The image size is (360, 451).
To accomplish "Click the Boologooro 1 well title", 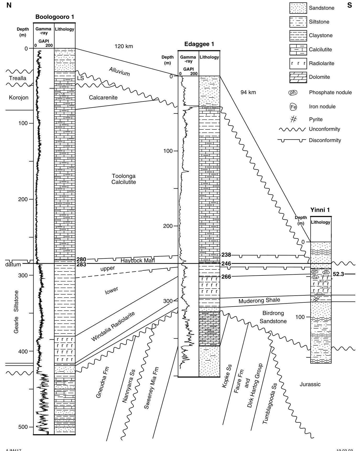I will tap(55, 17).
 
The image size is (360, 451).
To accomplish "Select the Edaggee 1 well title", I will tap(199, 44).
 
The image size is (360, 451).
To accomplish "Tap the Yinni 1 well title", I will tap(320, 210).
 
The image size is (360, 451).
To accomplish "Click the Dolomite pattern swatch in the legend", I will tap(298, 77).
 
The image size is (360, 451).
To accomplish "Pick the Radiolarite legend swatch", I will tap(298, 63).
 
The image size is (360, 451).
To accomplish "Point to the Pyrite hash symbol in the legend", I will tap(294, 119).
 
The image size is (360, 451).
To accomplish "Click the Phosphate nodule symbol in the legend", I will tap(293, 93).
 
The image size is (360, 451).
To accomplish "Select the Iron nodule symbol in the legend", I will tap(293, 107).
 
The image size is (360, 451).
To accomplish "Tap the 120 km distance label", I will tap(124, 47).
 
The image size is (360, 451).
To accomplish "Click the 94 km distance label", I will tap(248, 92).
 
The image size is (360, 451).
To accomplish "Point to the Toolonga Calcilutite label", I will tap(124, 179).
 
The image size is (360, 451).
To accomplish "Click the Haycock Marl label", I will tap(138, 261).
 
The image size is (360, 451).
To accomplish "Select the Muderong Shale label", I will tap(259, 301).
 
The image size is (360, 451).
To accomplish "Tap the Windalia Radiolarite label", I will tap(113, 326).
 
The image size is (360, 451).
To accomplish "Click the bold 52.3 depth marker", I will tap(339, 274).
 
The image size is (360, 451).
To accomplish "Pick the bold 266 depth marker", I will tap(226, 277).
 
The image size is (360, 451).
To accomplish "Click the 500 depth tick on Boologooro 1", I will tap(23, 427).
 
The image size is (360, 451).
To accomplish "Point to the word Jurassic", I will tap(310, 384).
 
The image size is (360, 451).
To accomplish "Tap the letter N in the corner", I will tap(9, 5).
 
